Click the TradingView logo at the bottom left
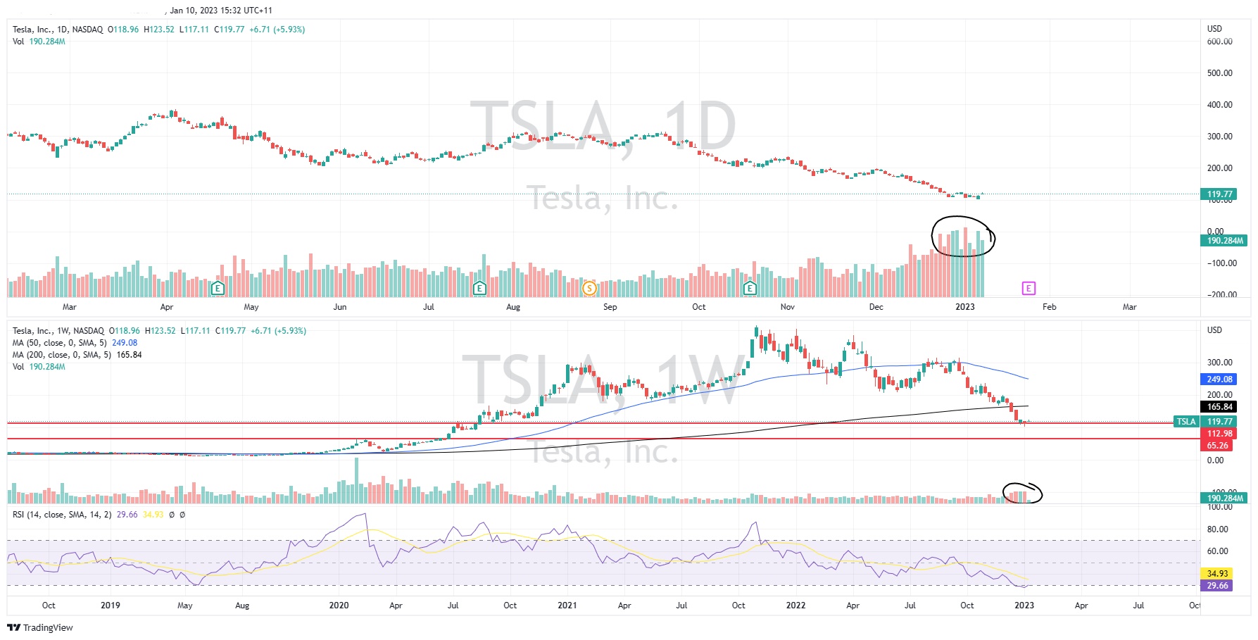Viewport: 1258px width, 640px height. tap(40, 627)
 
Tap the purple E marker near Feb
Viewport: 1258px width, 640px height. tap(1029, 288)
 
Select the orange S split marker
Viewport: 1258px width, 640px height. tap(589, 288)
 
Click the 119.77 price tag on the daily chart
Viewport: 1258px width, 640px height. tap(1220, 194)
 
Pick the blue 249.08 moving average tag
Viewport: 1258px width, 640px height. tap(1219, 379)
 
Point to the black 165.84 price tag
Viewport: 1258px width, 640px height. tap(1219, 407)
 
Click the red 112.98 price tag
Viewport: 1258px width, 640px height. tap(1219, 434)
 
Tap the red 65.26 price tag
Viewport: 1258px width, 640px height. tap(1217, 446)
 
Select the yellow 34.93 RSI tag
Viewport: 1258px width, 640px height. tap(1217, 574)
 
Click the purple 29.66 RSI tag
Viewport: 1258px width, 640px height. tap(1217, 586)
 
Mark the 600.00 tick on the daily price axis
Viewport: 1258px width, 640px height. tap(1219, 42)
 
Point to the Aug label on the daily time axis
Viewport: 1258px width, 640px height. tap(513, 307)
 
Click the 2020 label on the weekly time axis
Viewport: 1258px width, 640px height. tap(339, 606)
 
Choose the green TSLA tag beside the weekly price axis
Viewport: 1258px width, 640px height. tap(1186, 422)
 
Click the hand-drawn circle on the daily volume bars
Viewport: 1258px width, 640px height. tap(962, 237)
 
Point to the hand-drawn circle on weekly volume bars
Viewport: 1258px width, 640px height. tap(1022, 493)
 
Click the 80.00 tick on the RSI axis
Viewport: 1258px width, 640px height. tap(1217, 529)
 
